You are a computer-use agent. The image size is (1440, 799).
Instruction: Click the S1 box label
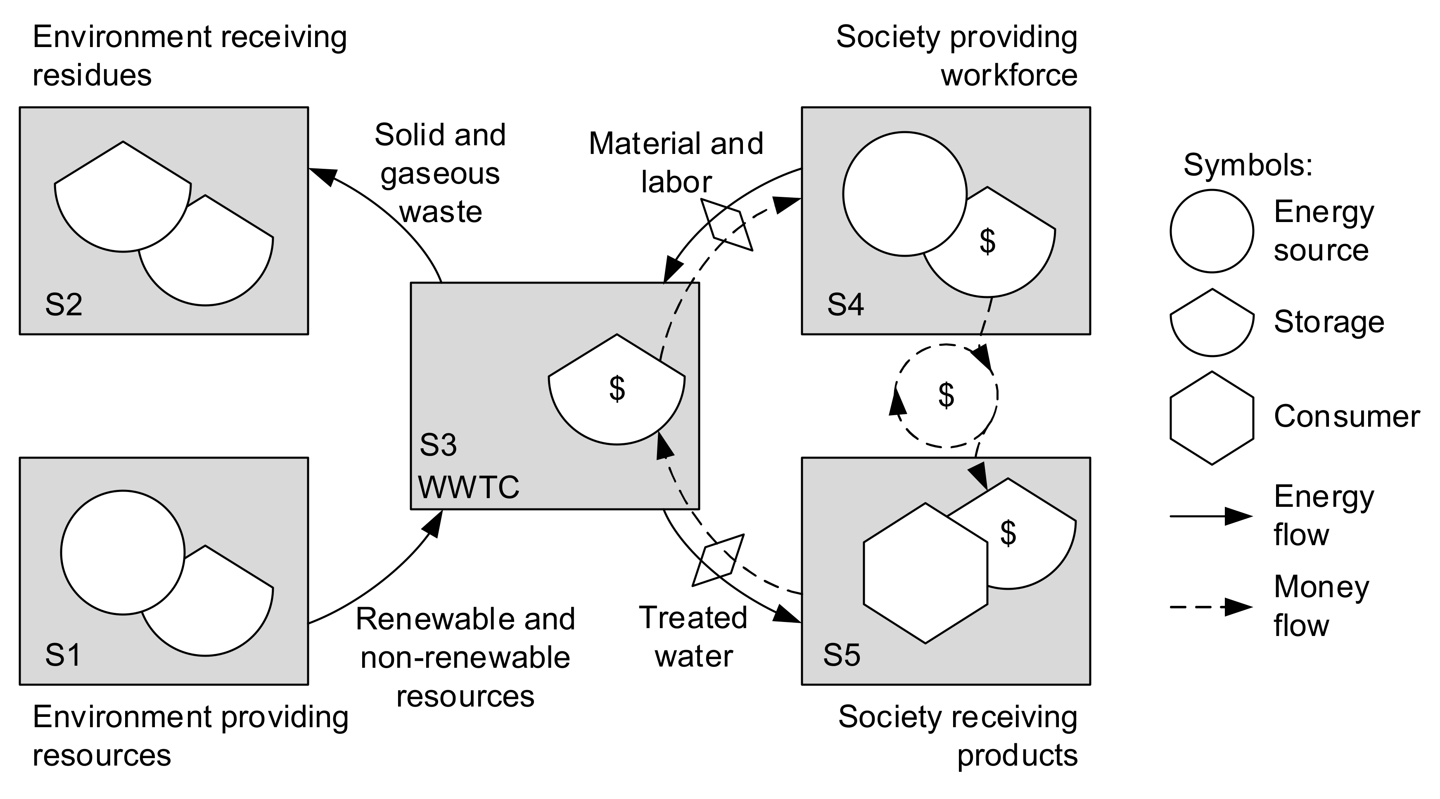(x=63, y=655)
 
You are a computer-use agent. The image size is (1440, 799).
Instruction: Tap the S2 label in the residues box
(x=64, y=305)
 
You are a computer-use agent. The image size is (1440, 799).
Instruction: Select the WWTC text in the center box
(x=468, y=487)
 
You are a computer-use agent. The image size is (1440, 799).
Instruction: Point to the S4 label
(x=845, y=305)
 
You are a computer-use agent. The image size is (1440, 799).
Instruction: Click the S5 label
(x=841, y=655)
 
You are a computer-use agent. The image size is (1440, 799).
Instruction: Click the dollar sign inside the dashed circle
(x=946, y=396)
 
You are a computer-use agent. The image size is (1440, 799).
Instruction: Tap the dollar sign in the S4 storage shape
(x=987, y=242)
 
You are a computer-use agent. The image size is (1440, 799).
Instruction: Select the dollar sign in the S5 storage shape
(x=1008, y=533)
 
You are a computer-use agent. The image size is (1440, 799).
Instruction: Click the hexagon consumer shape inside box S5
(x=925, y=573)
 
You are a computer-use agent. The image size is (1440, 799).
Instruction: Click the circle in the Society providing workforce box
(x=904, y=194)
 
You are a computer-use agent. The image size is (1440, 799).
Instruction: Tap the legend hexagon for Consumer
(x=1211, y=418)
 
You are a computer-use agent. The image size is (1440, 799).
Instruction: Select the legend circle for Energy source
(x=1211, y=231)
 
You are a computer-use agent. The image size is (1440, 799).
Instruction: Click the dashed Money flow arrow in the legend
(x=1210, y=607)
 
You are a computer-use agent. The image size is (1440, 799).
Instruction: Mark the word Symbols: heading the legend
(x=1248, y=165)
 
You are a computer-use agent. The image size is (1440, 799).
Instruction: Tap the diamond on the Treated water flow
(x=718, y=560)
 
